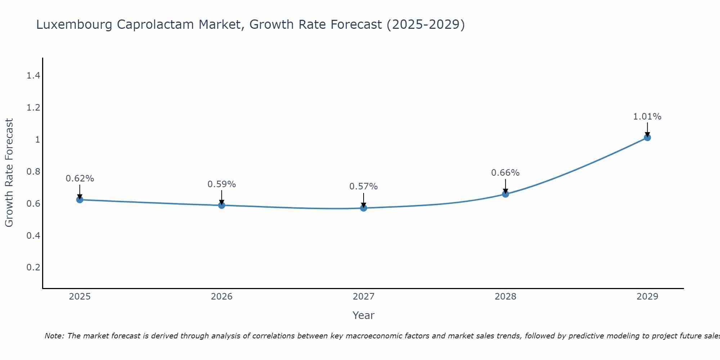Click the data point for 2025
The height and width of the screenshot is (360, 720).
pyautogui.click(x=80, y=199)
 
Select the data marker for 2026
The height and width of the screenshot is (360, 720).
pyautogui.click(x=222, y=205)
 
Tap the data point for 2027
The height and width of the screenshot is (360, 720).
pyautogui.click(x=364, y=208)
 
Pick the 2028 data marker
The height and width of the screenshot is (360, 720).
pyautogui.click(x=505, y=194)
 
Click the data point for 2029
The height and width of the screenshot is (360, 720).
pyautogui.click(x=647, y=138)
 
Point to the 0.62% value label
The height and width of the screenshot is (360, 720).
pyautogui.click(x=80, y=179)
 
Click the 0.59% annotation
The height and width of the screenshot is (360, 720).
pyautogui.click(x=222, y=184)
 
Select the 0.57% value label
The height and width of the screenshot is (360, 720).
pyautogui.click(x=364, y=186)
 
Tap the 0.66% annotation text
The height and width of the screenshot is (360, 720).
pyautogui.click(x=505, y=173)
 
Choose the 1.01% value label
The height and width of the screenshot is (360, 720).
pyautogui.click(x=647, y=117)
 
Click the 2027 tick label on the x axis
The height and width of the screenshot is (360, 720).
pyautogui.click(x=364, y=297)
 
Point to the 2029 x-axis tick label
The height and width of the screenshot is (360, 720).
pyautogui.click(x=647, y=297)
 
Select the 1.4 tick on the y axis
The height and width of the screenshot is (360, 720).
pyautogui.click(x=33, y=76)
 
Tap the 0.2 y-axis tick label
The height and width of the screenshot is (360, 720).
pyautogui.click(x=33, y=267)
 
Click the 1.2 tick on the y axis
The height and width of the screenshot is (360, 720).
pyautogui.click(x=33, y=108)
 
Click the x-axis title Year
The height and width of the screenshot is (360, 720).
pyautogui.click(x=364, y=315)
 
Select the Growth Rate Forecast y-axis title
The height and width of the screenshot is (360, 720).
pyautogui.click(x=9, y=173)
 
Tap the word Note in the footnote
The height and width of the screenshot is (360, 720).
pyautogui.click(x=54, y=336)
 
